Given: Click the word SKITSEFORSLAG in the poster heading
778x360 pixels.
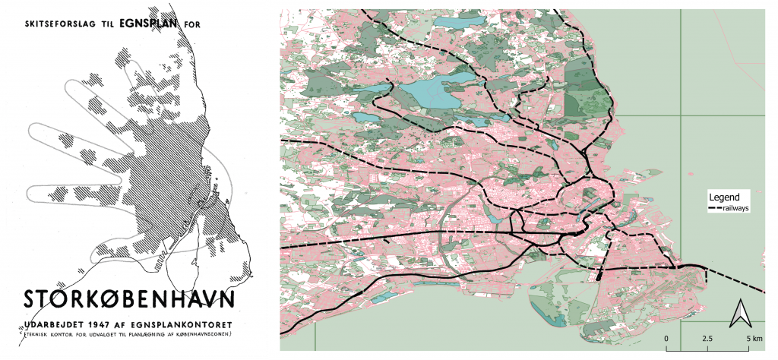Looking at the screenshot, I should click(x=62, y=24).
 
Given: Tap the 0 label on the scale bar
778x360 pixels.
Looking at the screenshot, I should click(x=666, y=337).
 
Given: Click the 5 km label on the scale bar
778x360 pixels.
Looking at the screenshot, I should click(x=752, y=337).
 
